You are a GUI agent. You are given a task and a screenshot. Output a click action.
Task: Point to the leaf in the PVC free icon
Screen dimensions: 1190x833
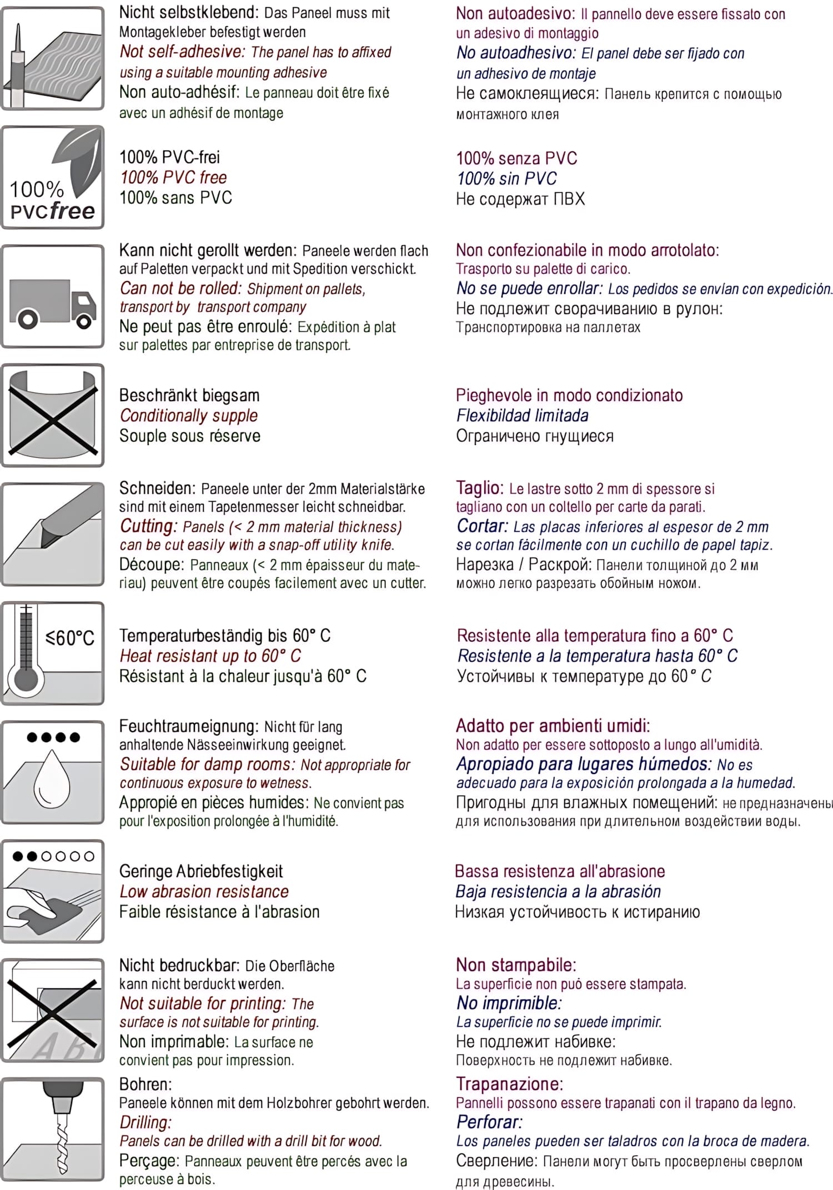pyautogui.click(x=78, y=161)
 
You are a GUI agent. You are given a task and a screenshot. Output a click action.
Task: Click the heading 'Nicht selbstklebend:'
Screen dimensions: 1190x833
pyautogui.click(x=189, y=12)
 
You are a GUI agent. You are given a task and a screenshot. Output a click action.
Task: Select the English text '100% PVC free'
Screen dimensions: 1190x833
pyautogui.click(x=173, y=178)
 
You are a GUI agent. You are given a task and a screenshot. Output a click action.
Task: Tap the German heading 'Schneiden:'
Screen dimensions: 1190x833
pyautogui.click(x=157, y=488)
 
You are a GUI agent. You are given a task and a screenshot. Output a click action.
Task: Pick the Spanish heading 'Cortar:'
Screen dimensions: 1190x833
pyautogui.click(x=482, y=526)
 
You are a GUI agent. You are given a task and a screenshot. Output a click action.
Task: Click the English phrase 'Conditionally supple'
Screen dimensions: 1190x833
pyautogui.click(x=189, y=416)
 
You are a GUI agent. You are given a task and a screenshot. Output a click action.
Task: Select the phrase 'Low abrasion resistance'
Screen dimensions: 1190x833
pyautogui.click(x=204, y=892)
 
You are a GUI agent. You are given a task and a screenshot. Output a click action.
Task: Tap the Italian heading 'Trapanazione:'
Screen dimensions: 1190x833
pyautogui.click(x=509, y=1084)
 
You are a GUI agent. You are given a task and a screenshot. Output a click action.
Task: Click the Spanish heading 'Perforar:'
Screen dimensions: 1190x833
pyautogui.click(x=489, y=1122)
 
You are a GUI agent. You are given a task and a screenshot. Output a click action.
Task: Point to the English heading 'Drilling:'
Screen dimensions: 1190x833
pyautogui.click(x=145, y=1122)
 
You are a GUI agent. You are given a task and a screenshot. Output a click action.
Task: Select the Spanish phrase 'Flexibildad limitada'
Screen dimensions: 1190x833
pyautogui.click(x=522, y=416)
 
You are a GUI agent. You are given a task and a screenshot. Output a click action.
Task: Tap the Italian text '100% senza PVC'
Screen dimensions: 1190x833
pyautogui.click(x=516, y=158)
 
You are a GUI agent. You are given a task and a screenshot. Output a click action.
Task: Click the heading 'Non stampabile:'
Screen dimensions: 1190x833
pyautogui.click(x=516, y=965)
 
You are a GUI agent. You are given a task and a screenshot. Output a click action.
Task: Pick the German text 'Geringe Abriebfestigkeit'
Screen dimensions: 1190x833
pyautogui.click(x=201, y=871)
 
